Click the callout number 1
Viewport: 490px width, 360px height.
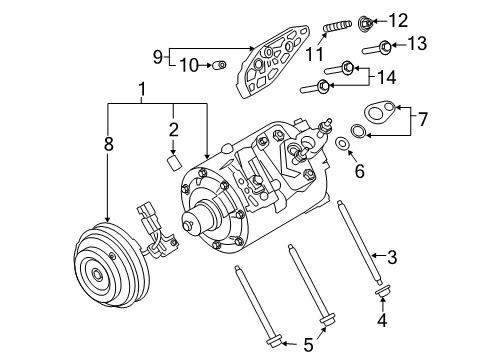(x=142, y=90)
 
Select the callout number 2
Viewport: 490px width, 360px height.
(x=172, y=128)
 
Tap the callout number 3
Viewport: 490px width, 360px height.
(x=392, y=257)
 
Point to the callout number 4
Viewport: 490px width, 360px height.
(x=382, y=322)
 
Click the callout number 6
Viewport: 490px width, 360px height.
(x=359, y=170)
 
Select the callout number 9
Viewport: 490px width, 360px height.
(x=157, y=55)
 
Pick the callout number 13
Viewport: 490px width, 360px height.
(x=418, y=44)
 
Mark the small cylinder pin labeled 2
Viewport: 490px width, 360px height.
(x=172, y=162)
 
